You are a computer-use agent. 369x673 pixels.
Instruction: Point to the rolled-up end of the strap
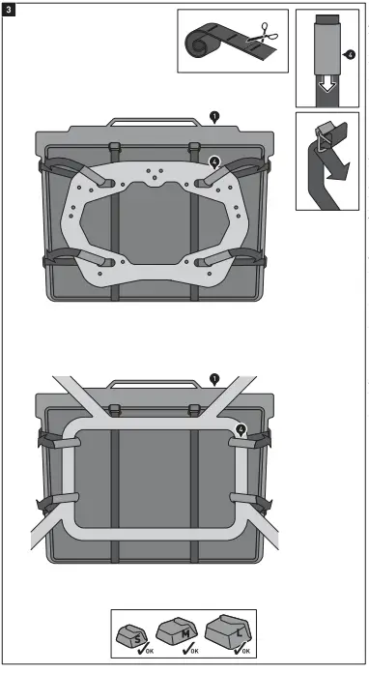(196, 43)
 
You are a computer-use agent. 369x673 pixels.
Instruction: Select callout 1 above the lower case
(214, 380)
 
